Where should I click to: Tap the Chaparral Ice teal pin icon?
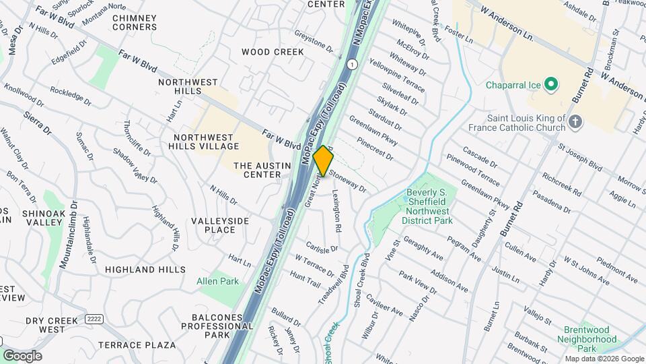coord(552,85)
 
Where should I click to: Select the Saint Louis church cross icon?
coord(575,121)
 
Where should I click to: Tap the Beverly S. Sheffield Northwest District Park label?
coord(427,206)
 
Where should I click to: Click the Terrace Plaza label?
coord(137,344)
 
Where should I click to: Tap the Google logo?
coord(22,355)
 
